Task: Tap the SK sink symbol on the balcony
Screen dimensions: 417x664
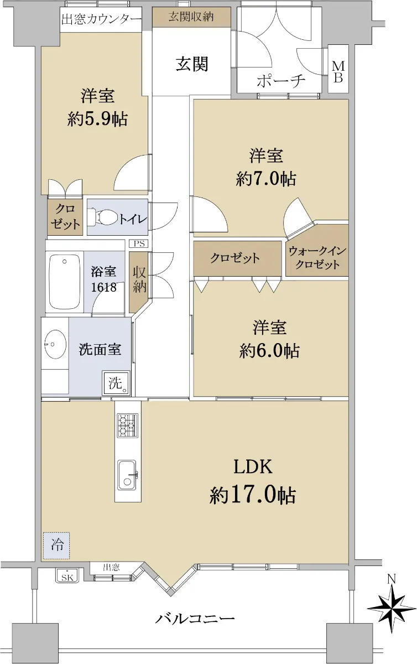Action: [67, 576]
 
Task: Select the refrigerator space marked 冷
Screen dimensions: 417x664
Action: [56, 546]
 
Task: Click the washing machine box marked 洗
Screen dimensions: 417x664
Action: [116, 383]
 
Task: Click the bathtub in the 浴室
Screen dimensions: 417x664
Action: [65, 282]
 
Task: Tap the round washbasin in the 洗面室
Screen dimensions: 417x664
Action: [55, 344]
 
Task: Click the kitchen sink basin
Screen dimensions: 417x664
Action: [127, 475]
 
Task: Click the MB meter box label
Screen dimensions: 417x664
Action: [338, 71]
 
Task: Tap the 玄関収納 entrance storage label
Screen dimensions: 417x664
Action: [191, 17]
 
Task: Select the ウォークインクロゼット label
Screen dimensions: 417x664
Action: [317, 258]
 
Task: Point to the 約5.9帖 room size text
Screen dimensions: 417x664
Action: [97, 119]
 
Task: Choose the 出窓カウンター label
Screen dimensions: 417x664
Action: [101, 19]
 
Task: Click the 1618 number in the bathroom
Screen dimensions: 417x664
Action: [103, 287]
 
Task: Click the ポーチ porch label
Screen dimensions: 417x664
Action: [280, 81]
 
